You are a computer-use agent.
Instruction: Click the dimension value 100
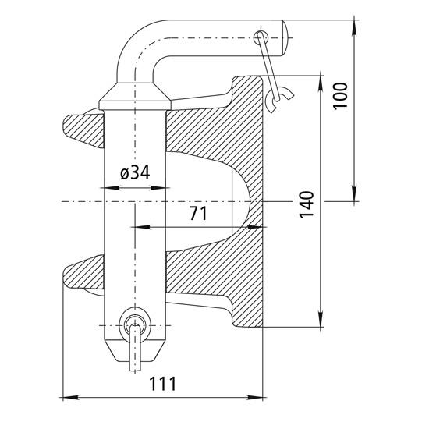[x=341, y=94]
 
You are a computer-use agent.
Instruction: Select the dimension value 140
[x=307, y=204]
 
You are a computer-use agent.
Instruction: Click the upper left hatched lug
[x=82, y=128]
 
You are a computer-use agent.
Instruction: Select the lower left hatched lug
[x=82, y=273]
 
